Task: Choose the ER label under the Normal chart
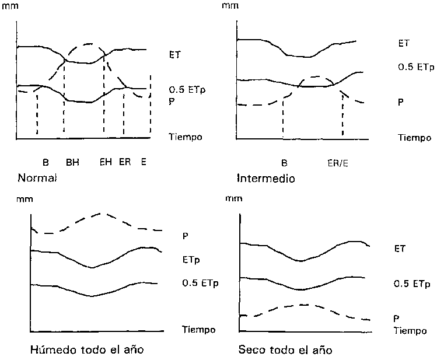tap(124, 163)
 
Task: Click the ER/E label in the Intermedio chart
tap(338, 163)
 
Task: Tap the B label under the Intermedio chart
tap(284, 163)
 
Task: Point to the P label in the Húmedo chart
tap(186, 236)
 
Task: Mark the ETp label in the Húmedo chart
tap(192, 259)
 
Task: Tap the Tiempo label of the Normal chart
tap(185, 137)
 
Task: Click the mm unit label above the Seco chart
tap(232, 199)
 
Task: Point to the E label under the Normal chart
tap(143, 163)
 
